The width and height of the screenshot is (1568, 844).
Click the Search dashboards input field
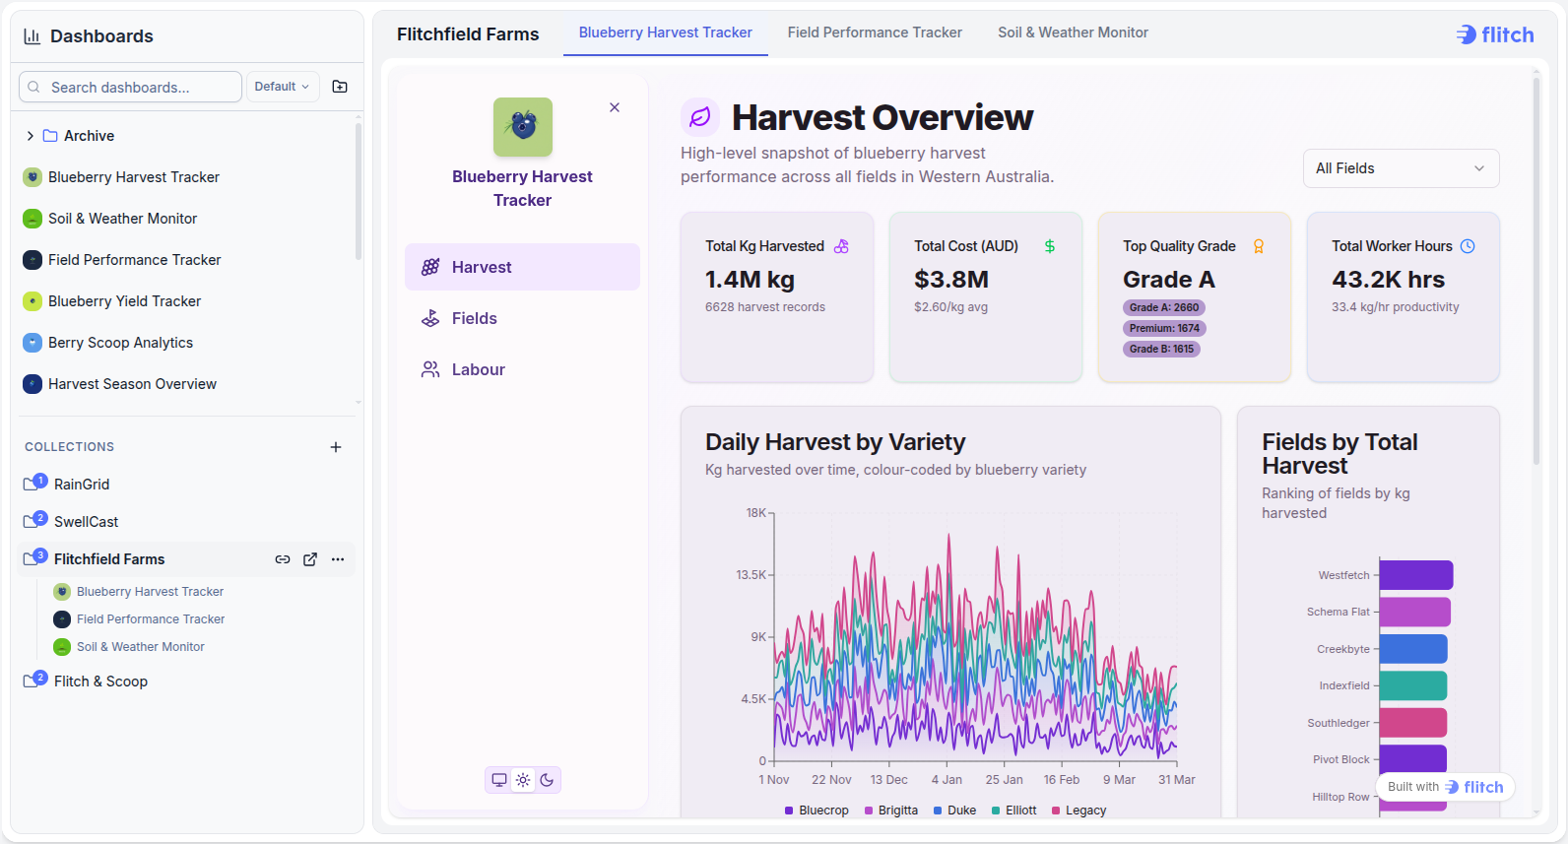[x=130, y=87]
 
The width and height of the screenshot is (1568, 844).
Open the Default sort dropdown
[x=282, y=87]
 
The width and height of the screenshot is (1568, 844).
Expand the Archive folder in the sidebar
[x=31, y=136]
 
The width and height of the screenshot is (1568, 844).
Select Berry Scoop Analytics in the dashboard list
[x=120, y=342]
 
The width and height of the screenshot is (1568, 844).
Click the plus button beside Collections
[x=335, y=447]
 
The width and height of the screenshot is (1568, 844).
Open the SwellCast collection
[x=86, y=521]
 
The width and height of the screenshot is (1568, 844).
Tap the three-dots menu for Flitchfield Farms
[x=338, y=559]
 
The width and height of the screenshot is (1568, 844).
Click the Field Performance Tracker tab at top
[x=875, y=32]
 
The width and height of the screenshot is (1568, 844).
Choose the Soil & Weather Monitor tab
[x=1073, y=32]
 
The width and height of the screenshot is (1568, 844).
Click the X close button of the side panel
[x=615, y=107]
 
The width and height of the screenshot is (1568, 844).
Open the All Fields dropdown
[x=1401, y=168]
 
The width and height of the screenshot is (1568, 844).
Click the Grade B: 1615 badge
[x=1161, y=349]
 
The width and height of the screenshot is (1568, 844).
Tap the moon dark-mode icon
[x=548, y=780]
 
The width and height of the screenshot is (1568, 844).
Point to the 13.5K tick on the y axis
[x=751, y=575]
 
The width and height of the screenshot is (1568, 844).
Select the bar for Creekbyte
[x=1413, y=649]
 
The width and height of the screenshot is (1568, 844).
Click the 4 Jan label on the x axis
[x=947, y=780]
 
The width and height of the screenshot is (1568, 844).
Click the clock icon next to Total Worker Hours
[x=1468, y=246]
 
